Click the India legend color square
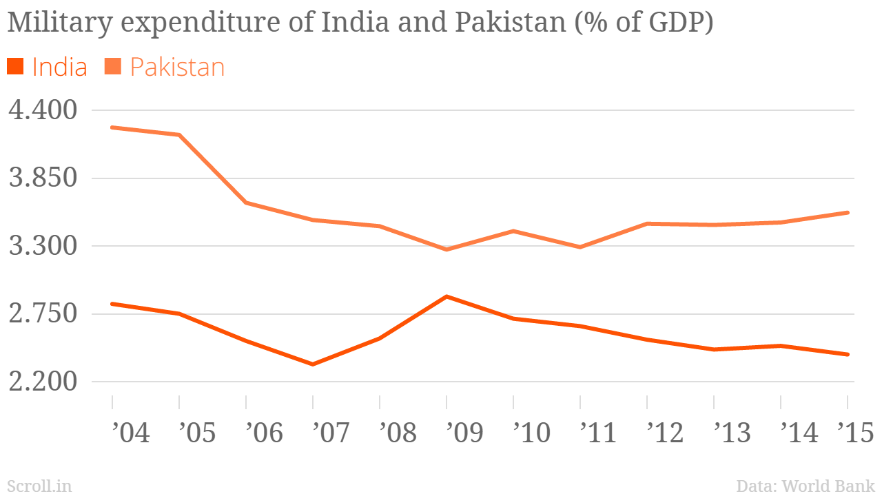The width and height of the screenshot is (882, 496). pos(15,67)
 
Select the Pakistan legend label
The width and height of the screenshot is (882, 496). pos(177,68)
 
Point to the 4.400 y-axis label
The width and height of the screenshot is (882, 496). pos(43,110)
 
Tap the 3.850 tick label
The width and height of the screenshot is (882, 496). pos(43,178)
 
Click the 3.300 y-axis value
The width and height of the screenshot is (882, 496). pos(43,246)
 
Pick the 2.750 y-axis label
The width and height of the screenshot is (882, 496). pos(43,314)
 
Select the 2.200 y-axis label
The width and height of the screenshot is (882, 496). pos(43,382)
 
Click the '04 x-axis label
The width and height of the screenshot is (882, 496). pos(130,433)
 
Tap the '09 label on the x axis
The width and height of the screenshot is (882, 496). pos(464,433)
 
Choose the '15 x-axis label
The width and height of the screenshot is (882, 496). pos(855,433)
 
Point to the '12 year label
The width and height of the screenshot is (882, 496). pos(665,433)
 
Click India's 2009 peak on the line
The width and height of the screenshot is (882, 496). pos(447,296)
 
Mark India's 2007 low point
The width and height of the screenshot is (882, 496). pos(313,364)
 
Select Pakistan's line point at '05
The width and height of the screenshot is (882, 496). pos(179,135)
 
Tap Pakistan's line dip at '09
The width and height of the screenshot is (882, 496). pos(447,249)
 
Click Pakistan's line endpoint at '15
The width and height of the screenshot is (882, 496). pos(847,213)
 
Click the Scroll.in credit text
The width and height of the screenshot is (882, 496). pos(39,486)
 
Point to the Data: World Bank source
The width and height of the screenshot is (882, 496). pos(806,486)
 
